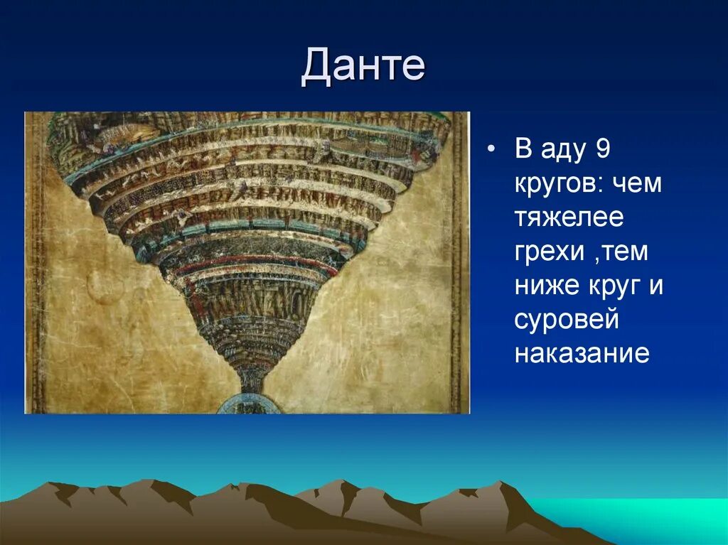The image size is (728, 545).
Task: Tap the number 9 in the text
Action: [602, 149]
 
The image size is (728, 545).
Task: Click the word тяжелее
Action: [569, 218]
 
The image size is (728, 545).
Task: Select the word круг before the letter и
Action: [612, 286]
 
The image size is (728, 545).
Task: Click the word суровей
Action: [567, 320]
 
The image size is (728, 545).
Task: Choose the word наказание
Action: [582, 354]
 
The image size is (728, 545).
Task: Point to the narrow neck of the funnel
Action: [251, 378]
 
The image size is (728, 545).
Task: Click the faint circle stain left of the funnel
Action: [105, 286]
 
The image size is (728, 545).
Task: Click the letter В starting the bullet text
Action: [523, 149]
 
